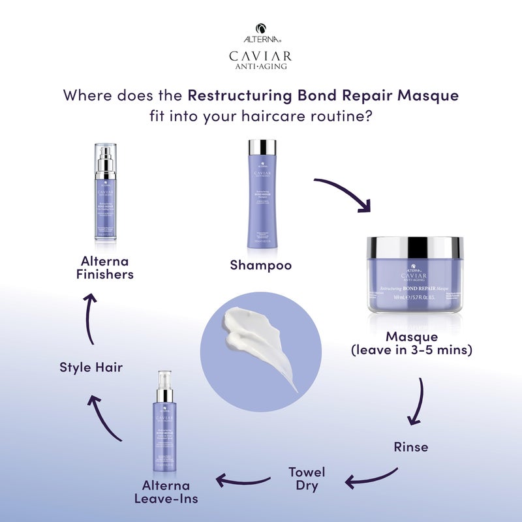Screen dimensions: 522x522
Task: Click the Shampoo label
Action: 260,266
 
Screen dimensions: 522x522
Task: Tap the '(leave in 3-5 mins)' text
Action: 411,350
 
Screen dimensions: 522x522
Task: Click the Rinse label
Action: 410,447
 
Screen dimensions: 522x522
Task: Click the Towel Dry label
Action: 307,478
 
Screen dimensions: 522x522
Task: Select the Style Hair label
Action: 91,367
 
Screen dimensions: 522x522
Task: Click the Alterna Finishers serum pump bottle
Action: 104,192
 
